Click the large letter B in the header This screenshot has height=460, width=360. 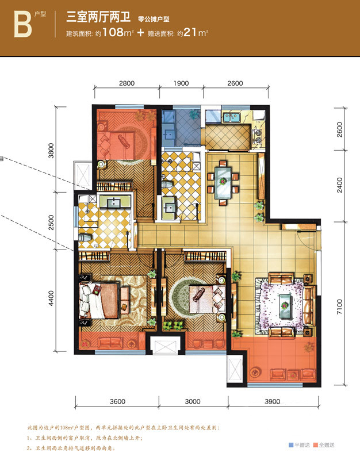tap(22, 25)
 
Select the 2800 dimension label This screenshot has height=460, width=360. tap(127, 83)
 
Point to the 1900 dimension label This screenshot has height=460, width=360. tap(181, 83)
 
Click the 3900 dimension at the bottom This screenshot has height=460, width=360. tap(273, 401)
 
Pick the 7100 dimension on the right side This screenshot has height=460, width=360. tap(339, 306)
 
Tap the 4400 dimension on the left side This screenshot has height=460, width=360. tap(51, 298)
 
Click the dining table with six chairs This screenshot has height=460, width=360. tap(223, 182)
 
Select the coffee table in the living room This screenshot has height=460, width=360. tap(285, 306)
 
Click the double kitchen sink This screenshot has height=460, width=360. tap(232, 118)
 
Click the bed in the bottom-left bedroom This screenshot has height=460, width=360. tap(99, 300)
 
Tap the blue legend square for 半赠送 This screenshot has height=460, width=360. tap(291, 445)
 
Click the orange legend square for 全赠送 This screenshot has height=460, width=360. tap(315, 445)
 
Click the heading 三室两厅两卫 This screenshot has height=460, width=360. tap(98, 17)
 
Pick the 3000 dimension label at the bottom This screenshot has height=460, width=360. tap(193, 401)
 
